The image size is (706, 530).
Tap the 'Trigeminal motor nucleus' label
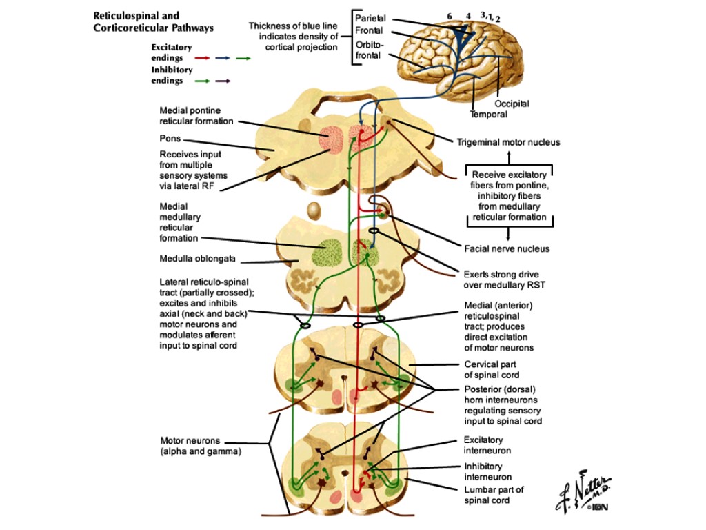point(508,143)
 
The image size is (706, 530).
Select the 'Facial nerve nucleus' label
point(507,248)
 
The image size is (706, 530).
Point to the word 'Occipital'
point(512,104)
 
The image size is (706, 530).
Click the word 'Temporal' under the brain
point(488,115)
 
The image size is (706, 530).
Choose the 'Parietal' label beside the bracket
point(371,18)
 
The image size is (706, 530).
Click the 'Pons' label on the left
point(170,139)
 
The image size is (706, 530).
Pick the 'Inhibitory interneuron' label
point(487,471)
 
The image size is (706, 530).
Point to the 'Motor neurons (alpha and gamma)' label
point(201,446)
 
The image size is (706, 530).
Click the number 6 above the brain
point(449,15)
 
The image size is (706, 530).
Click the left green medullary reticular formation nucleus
point(327,253)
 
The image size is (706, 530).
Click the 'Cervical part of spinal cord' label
point(492,370)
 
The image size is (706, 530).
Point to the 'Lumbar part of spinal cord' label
point(494,495)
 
